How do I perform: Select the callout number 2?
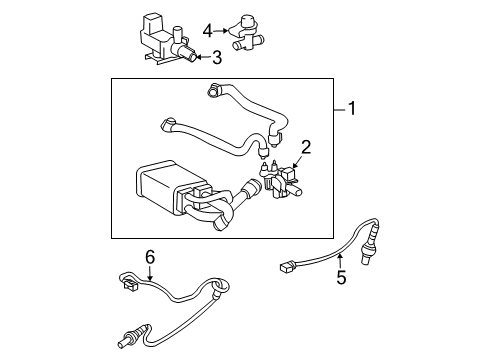coord(306,147)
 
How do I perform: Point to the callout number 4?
coord(207,29)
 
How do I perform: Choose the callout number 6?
coord(150,257)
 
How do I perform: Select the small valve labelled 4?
coord(245,27)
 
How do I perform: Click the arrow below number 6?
coord(150,273)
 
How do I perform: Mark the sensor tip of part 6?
coord(128,328)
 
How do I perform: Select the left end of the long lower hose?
coord(166,125)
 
